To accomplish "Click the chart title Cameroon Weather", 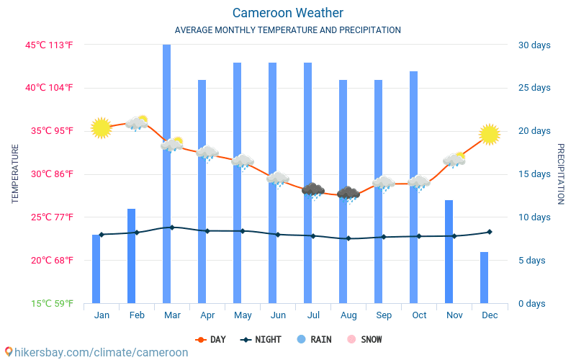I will (287, 13).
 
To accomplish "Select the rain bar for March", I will (166, 173).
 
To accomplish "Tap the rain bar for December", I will (484, 277).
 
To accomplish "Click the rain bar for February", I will (131, 256).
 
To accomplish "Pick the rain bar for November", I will (449, 251).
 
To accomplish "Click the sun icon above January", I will (101, 128).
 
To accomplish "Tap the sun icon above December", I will (490, 134).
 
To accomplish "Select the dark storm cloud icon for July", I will (312, 191).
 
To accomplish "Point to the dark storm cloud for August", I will (348, 194).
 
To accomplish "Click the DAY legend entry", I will (212, 339).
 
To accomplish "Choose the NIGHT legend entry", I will (262, 339).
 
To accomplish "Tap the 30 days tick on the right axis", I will (534, 45).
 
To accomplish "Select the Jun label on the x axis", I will (277, 315).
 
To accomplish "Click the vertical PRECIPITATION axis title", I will (561, 174).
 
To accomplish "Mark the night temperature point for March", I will (171, 228).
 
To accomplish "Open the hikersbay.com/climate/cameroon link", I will (95, 352).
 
